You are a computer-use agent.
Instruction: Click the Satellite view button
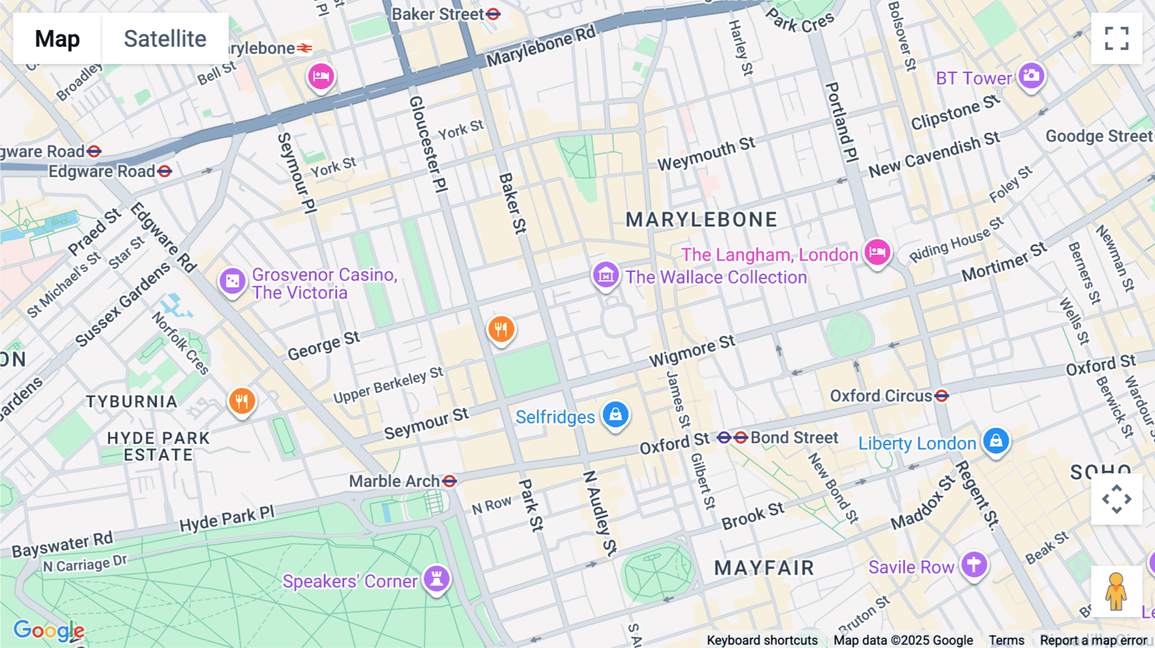[165, 38]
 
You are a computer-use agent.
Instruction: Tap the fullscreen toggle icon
[1116, 38]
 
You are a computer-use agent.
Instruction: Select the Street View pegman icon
[1116, 591]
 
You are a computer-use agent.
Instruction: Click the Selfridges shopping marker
[615, 414]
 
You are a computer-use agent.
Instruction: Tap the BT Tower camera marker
[1031, 76]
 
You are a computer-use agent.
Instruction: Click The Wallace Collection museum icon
[605, 275]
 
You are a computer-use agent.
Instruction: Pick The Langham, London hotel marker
[877, 252]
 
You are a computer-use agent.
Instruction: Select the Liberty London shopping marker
[996, 441]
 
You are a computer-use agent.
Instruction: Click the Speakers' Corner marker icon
[437, 578]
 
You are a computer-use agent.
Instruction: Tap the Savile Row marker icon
[974, 565]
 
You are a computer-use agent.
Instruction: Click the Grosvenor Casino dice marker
[232, 281]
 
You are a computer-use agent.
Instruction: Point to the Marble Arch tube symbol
[450, 481]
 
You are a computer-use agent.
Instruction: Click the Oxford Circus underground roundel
[941, 396]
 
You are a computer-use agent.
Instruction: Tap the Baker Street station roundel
[493, 14]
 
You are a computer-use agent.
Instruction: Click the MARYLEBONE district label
[701, 220]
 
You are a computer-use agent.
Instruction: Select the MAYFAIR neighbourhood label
[764, 568]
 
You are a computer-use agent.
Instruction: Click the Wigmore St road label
[692, 350]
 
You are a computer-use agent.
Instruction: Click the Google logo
[49, 631]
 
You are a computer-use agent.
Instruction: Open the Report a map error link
[1093, 640]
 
